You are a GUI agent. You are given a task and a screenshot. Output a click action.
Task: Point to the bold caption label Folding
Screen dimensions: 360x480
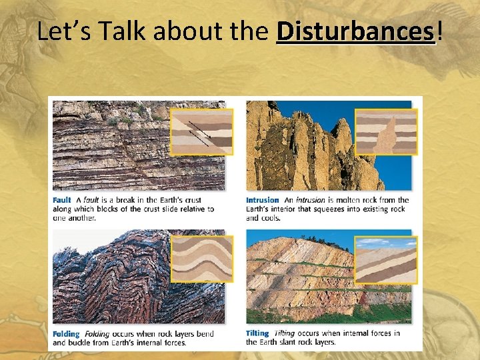coord(66,334)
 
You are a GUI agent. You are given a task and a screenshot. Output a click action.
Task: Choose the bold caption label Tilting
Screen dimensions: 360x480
coord(257,333)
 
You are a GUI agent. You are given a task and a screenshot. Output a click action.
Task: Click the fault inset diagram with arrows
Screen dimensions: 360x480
coord(201,131)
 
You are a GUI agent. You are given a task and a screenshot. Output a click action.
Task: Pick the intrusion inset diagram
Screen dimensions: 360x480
coord(386,131)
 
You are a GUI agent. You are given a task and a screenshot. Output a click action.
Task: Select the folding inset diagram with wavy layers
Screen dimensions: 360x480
coord(201,258)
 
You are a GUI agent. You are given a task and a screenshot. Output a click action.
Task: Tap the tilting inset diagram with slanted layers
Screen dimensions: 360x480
coord(386,259)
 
